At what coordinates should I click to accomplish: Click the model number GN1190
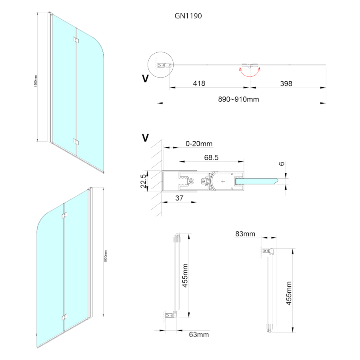[188, 16]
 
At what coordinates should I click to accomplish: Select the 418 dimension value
[199, 83]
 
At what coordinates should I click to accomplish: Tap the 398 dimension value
[286, 83]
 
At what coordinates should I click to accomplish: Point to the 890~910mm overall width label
[238, 99]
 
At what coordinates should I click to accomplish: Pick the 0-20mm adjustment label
[199, 144]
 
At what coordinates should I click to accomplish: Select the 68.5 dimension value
[211, 158]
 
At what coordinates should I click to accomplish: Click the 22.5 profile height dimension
[143, 181]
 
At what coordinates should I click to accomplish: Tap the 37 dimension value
[179, 198]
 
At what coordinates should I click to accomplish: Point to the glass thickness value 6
[282, 164]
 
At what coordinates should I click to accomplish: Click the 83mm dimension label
[245, 234]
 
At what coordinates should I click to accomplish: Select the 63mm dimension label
[199, 334]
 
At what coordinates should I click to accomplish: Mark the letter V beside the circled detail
[145, 78]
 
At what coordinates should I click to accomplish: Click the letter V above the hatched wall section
[145, 138]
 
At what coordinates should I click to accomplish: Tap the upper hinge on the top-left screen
[76, 40]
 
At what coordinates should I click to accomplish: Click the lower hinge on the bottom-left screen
[64, 317]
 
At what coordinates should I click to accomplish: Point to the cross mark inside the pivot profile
[223, 181]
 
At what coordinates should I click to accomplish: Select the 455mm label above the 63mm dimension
[185, 276]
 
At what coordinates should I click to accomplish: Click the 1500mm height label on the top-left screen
[36, 81]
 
